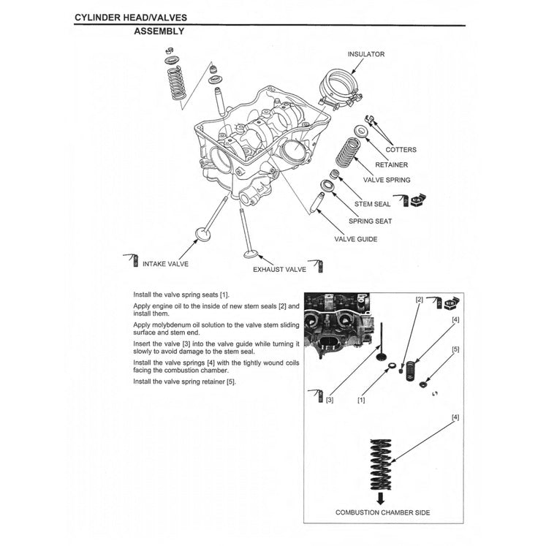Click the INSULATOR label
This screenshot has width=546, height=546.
366,54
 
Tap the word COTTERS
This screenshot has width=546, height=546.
401,150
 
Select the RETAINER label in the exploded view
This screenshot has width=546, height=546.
391,164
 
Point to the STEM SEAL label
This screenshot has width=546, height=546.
373,205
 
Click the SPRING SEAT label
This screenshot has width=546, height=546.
370,221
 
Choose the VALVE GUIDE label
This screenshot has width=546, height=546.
356,239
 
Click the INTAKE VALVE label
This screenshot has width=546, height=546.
165,263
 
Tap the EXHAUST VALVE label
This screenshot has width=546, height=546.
279,270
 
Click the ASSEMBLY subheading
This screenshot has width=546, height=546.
159,31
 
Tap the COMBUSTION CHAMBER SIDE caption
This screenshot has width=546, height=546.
382,512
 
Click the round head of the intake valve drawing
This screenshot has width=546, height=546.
202,235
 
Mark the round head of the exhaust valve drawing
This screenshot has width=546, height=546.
251,255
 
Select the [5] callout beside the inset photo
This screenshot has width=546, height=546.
455,349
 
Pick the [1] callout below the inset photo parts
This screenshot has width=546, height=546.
361,400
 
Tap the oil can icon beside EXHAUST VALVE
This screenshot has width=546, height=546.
316,264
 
